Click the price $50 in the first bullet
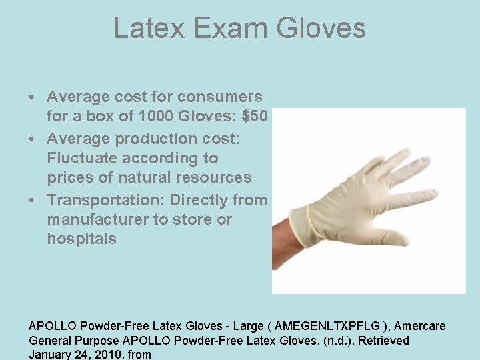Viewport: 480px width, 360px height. point(255,117)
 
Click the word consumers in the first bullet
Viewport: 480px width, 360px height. point(221,97)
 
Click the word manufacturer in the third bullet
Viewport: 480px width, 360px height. point(103,219)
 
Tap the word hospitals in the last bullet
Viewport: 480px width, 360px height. point(81,239)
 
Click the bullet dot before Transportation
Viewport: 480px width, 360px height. point(33,199)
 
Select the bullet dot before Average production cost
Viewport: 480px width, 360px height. point(33,138)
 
